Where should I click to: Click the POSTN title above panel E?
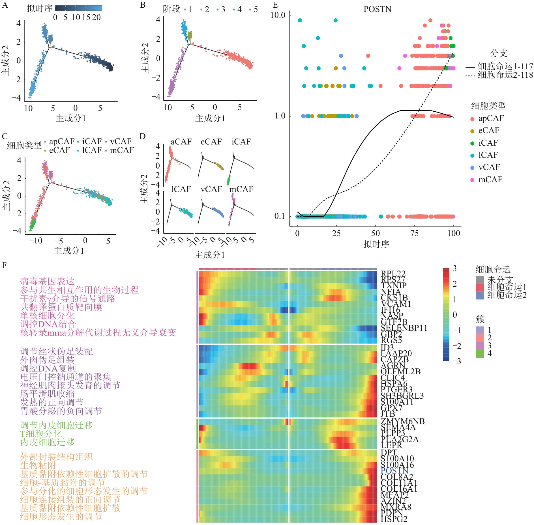pos(377,9)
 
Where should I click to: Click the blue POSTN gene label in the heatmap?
pos(394,470)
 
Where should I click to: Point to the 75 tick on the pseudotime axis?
pos(415,233)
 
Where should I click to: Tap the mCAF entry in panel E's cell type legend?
pos(490,180)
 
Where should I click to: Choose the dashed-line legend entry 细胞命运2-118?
pos(505,75)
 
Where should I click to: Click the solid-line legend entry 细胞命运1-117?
pos(505,66)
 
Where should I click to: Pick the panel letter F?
pos(4,265)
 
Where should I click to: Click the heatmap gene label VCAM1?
pos(396,304)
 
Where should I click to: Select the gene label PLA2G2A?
pos(399,439)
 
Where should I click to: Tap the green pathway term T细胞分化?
pos(41,434)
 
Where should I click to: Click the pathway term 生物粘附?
pos(38,465)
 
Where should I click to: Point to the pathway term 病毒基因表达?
pos(47,281)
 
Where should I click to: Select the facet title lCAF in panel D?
pos(181,189)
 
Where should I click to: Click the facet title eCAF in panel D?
pos(211,142)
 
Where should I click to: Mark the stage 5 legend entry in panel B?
pos(253,9)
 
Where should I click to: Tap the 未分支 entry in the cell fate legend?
pos(500,280)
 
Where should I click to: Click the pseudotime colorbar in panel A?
pos(79,8)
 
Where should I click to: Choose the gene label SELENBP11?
pos(404,328)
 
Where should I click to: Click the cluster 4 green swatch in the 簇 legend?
pos(480,353)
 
